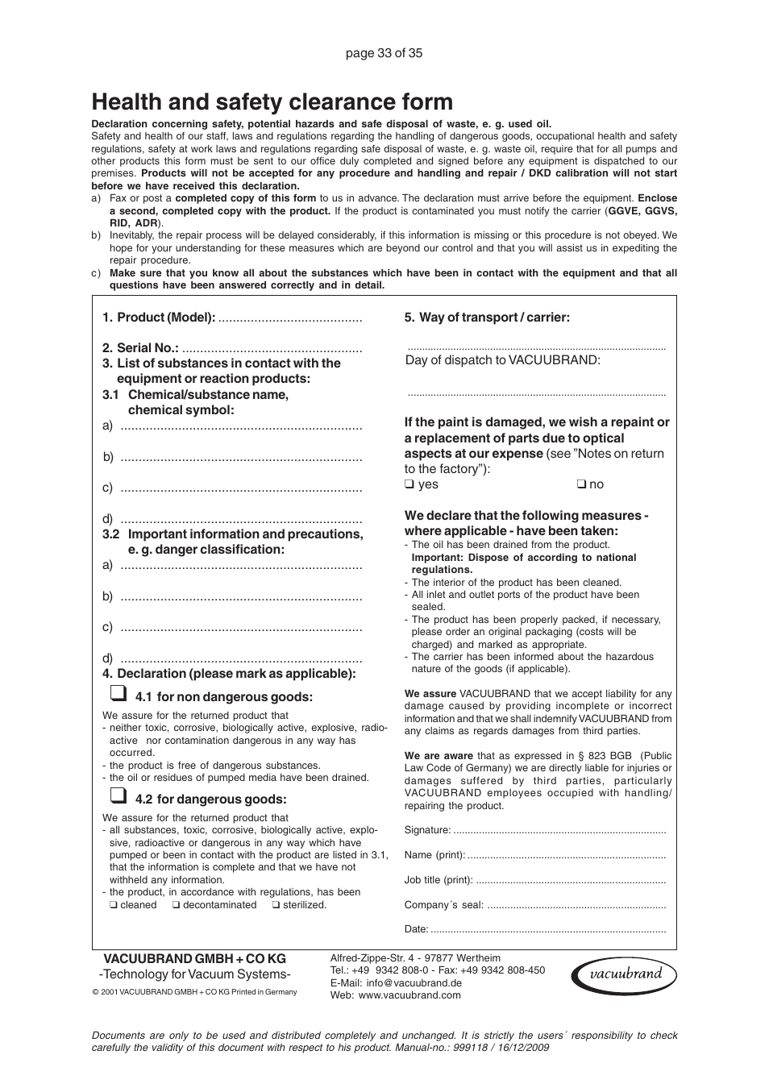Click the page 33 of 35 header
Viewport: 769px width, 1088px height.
[x=384, y=53]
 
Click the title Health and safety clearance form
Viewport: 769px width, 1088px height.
[x=272, y=102]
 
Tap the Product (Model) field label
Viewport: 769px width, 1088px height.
[x=159, y=318]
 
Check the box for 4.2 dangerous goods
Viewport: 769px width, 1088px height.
[x=117, y=796]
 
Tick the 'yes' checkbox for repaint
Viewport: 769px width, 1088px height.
[x=409, y=484]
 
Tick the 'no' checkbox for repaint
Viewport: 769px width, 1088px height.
[x=580, y=484]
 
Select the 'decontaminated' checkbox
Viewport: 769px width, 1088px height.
[x=176, y=905]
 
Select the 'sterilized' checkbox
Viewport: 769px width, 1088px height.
[x=276, y=905]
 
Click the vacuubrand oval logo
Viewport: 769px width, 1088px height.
[x=624, y=974]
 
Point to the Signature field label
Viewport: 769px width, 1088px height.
[x=427, y=830]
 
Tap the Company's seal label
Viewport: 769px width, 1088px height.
[x=443, y=905]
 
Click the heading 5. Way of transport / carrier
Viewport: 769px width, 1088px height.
[x=487, y=318]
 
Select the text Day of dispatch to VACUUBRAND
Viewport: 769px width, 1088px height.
[x=502, y=360]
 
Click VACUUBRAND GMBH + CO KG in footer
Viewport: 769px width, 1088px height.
[x=194, y=959]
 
